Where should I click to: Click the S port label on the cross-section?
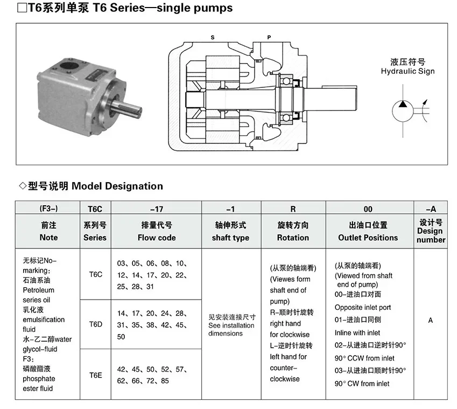pyautogui.click(x=212, y=37)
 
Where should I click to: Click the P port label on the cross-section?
pyautogui.click(x=269, y=37)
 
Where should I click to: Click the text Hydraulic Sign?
pyautogui.click(x=407, y=71)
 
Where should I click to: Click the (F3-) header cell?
pyautogui.click(x=48, y=208)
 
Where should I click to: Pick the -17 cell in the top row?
pyautogui.click(x=156, y=208)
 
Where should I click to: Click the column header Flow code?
pyautogui.click(x=156, y=237)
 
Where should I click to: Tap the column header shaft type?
pyautogui.click(x=230, y=237)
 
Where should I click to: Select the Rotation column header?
pyautogui.click(x=293, y=237)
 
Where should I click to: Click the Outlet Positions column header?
pyautogui.click(x=368, y=237)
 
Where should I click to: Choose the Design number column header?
pyautogui.click(x=431, y=235)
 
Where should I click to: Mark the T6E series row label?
pyautogui.click(x=95, y=375)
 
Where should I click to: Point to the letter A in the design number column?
pyautogui.click(x=431, y=321)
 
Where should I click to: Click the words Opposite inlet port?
pyautogui.click(x=363, y=307)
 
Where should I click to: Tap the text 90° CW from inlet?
pyautogui.click(x=362, y=384)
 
